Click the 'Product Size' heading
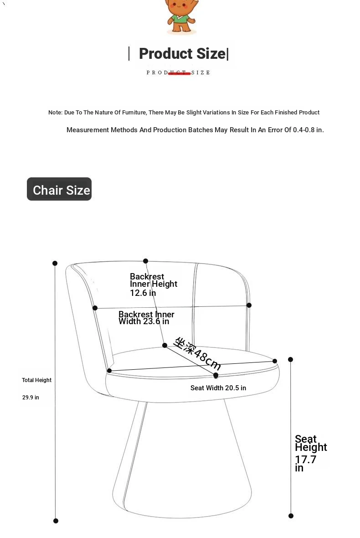[x=182, y=53]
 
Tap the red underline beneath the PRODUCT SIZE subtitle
[x=179, y=73]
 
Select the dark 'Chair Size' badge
[x=59, y=189]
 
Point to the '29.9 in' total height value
[x=31, y=397]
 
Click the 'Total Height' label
[x=37, y=380]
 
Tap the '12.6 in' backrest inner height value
[x=143, y=293]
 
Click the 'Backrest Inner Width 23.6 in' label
[x=146, y=318]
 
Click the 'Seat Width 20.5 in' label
[x=218, y=388]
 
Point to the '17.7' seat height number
[x=306, y=460]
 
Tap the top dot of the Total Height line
[x=55, y=263]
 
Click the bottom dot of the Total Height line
[x=56, y=521]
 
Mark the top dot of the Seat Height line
[x=290, y=360]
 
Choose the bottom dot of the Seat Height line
[x=291, y=516]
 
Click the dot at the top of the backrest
[x=146, y=261]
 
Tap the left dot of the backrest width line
[x=95, y=308]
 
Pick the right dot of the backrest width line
[x=249, y=305]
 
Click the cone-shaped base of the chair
[x=182, y=460]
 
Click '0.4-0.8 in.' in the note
[x=308, y=130]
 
